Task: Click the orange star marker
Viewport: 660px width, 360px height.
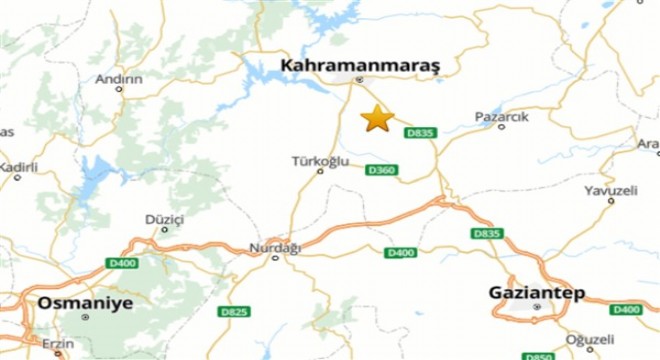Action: (377, 118)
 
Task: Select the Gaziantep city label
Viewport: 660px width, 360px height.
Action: (535, 293)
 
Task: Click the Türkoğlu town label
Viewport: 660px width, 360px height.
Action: (320, 160)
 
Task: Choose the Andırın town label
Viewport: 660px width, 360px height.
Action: (119, 78)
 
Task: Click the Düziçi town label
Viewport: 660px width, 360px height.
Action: (165, 218)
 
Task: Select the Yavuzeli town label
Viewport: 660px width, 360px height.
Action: (611, 188)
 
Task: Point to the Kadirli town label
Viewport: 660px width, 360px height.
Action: (18, 167)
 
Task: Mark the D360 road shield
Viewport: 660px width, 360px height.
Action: (382, 170)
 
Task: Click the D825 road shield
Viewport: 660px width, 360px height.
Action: (233, 312)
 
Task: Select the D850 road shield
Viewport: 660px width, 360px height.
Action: (537, 355)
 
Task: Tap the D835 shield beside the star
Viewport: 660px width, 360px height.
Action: (421, 133)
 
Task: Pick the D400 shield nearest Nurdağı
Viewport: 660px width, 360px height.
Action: (400, 252)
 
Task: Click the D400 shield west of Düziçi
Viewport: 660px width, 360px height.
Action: (120, 263)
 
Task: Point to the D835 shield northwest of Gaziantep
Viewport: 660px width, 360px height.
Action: (486, 233)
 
